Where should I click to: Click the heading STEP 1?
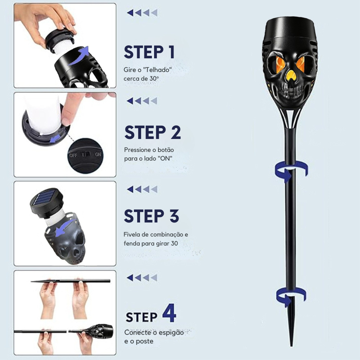click(x=149, y=52)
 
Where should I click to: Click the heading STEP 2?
click(x=152, y=132)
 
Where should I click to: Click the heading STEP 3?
click(x=151, y=216)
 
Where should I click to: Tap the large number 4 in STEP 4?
click(x=170, y=313)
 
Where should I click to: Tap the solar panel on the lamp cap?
click(x=46, y=199)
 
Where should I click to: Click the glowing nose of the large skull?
click(x=291, y=75)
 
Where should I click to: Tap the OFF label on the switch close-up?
click(x=73, y=156)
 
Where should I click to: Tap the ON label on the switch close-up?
click(x=98, y=154)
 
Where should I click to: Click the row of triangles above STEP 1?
click(x=142, y=13)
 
